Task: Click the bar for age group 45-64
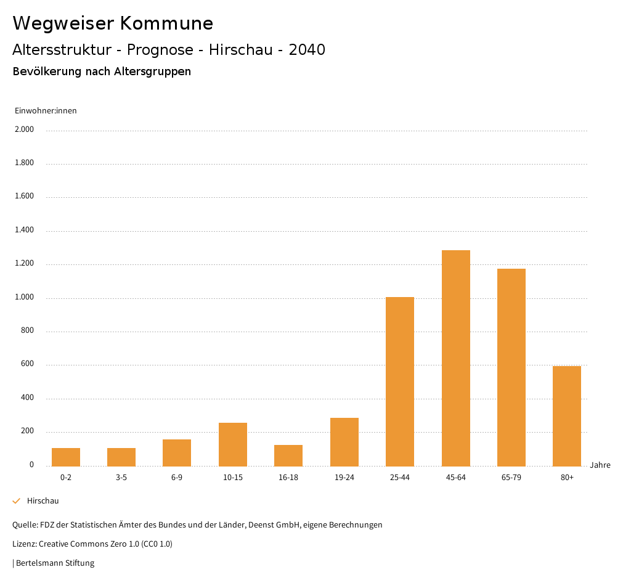[455, 358]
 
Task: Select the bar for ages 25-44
[400, 381]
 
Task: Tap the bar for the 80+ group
[567, 416]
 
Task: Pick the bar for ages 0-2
[66, 457]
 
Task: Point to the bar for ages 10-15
[233, 444]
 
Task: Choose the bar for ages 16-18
[288, 455]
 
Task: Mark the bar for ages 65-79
[511, 367]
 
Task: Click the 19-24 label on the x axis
[344, 478]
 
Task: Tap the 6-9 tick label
[177, 478]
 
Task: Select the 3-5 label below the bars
[121, 478]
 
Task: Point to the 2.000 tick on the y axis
[24, 129]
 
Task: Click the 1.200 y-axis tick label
[24, 264]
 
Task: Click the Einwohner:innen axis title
[46, 111]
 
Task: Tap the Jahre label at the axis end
[600, 465]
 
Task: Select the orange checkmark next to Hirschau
[17, 501]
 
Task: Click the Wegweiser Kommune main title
[113, 23]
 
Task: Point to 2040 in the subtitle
[307, 50]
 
